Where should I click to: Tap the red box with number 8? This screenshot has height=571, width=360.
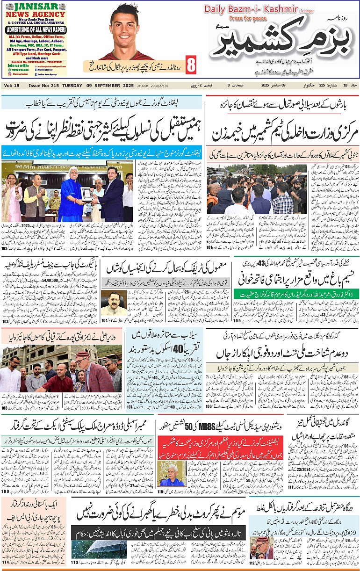[191, 65]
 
